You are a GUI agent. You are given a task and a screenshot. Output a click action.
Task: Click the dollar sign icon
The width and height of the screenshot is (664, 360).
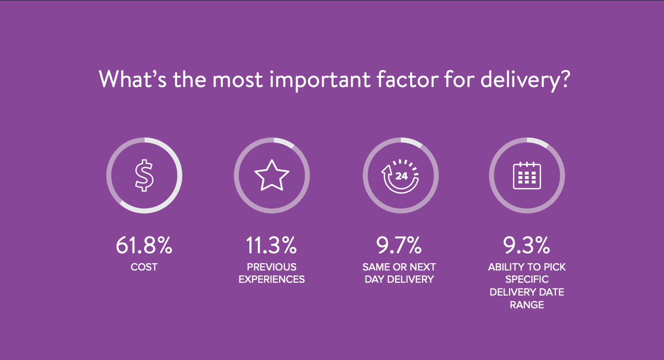[144, 176]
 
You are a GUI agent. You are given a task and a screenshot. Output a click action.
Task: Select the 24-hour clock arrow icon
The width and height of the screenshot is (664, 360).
[400, 176]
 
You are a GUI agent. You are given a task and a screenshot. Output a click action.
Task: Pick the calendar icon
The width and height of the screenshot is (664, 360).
[527, 176]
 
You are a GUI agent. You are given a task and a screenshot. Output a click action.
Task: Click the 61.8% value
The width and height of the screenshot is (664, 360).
[144, 245]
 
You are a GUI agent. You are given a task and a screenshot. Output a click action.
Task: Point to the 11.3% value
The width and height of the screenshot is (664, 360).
[272, 245]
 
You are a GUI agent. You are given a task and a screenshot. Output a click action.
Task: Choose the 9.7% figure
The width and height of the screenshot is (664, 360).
[399, 245]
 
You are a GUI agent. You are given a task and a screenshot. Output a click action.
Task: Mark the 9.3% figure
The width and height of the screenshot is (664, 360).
[526, 245]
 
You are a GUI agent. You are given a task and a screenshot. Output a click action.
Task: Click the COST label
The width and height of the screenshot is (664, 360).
[144, 267]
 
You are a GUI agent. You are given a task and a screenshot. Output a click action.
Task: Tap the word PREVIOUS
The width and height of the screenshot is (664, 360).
[272, 267]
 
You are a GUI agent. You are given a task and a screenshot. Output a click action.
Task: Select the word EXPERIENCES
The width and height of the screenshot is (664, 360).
[272, 279]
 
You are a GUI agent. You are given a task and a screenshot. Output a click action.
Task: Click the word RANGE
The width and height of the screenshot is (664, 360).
[527, 305]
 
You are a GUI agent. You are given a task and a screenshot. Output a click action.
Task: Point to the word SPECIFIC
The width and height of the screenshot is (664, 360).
[527, 279]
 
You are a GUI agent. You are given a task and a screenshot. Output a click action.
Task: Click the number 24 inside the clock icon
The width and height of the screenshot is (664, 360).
[401, 176]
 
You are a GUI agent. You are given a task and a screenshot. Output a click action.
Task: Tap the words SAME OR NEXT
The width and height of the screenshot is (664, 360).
[399, 267]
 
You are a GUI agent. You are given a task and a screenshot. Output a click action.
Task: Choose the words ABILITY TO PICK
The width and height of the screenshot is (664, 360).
[527, 267]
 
